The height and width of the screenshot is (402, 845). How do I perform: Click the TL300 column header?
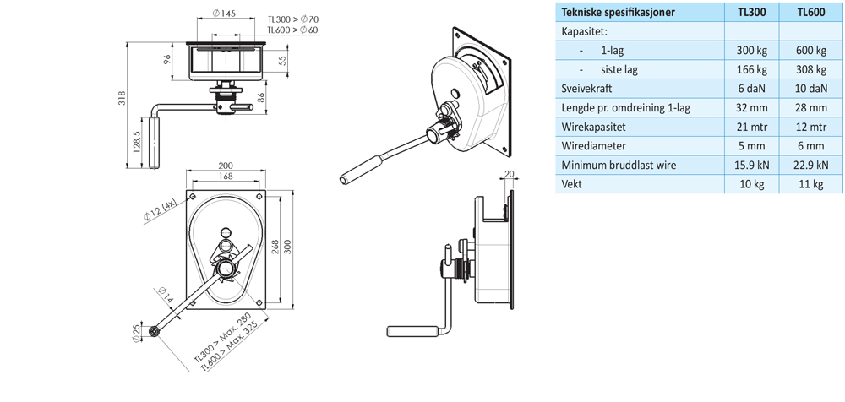coord(752,13)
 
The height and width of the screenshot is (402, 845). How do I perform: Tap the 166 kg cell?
coord(752,70)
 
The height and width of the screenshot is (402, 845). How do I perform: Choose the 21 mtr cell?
coord(752,127)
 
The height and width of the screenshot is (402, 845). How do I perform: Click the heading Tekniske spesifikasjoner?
coord(620,13)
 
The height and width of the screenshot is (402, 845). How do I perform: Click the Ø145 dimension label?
coord(224,13)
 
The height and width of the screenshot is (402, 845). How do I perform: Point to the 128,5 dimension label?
coord(138,142)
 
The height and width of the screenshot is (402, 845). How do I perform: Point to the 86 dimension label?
coord(259,98)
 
